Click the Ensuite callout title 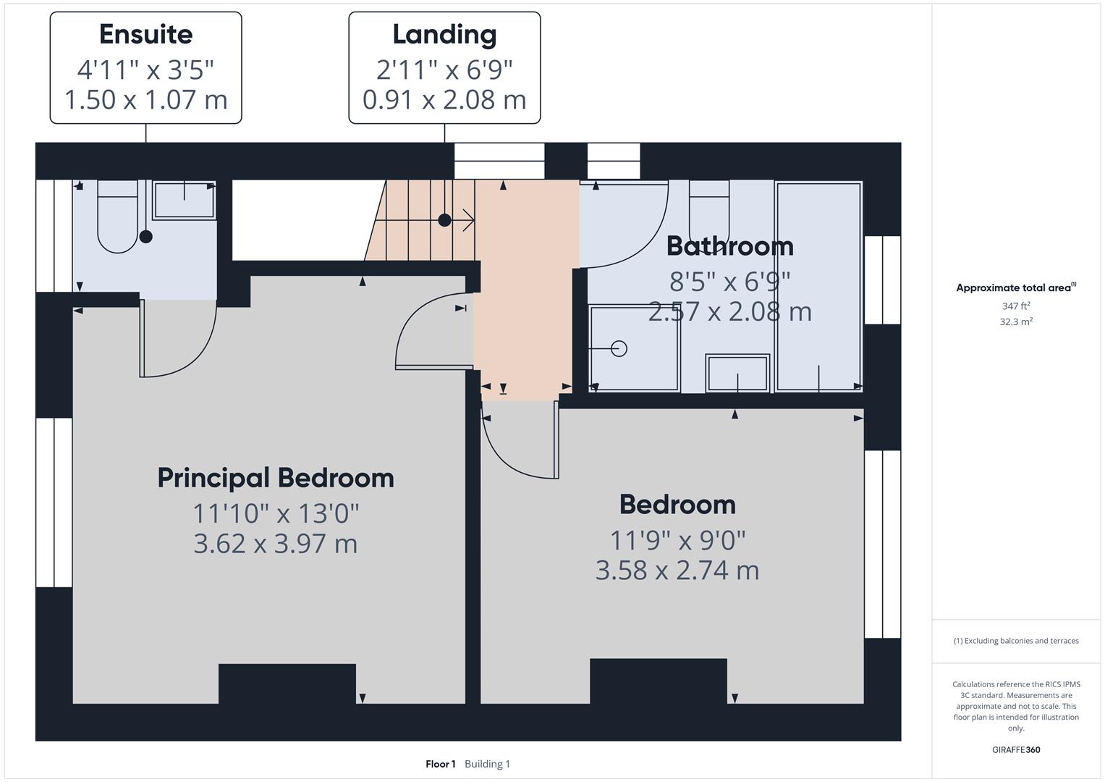click(145, 35)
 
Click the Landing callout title click(444, 35)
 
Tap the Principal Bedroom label click(276, 478)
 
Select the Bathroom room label click(729, 246)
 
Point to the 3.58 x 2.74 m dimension click(677, 571)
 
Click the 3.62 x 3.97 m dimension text click(276, 543)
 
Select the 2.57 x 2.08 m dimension click(729, 312)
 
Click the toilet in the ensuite click(117, 217)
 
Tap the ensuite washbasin click(184, 200)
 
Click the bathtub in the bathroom click(818, 286)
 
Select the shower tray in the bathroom click(634, 348)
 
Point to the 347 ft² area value click(1016, 306)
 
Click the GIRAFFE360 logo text click(1016, 749)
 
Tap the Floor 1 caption click(440, 764)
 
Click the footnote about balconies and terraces click(1016, 641)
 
